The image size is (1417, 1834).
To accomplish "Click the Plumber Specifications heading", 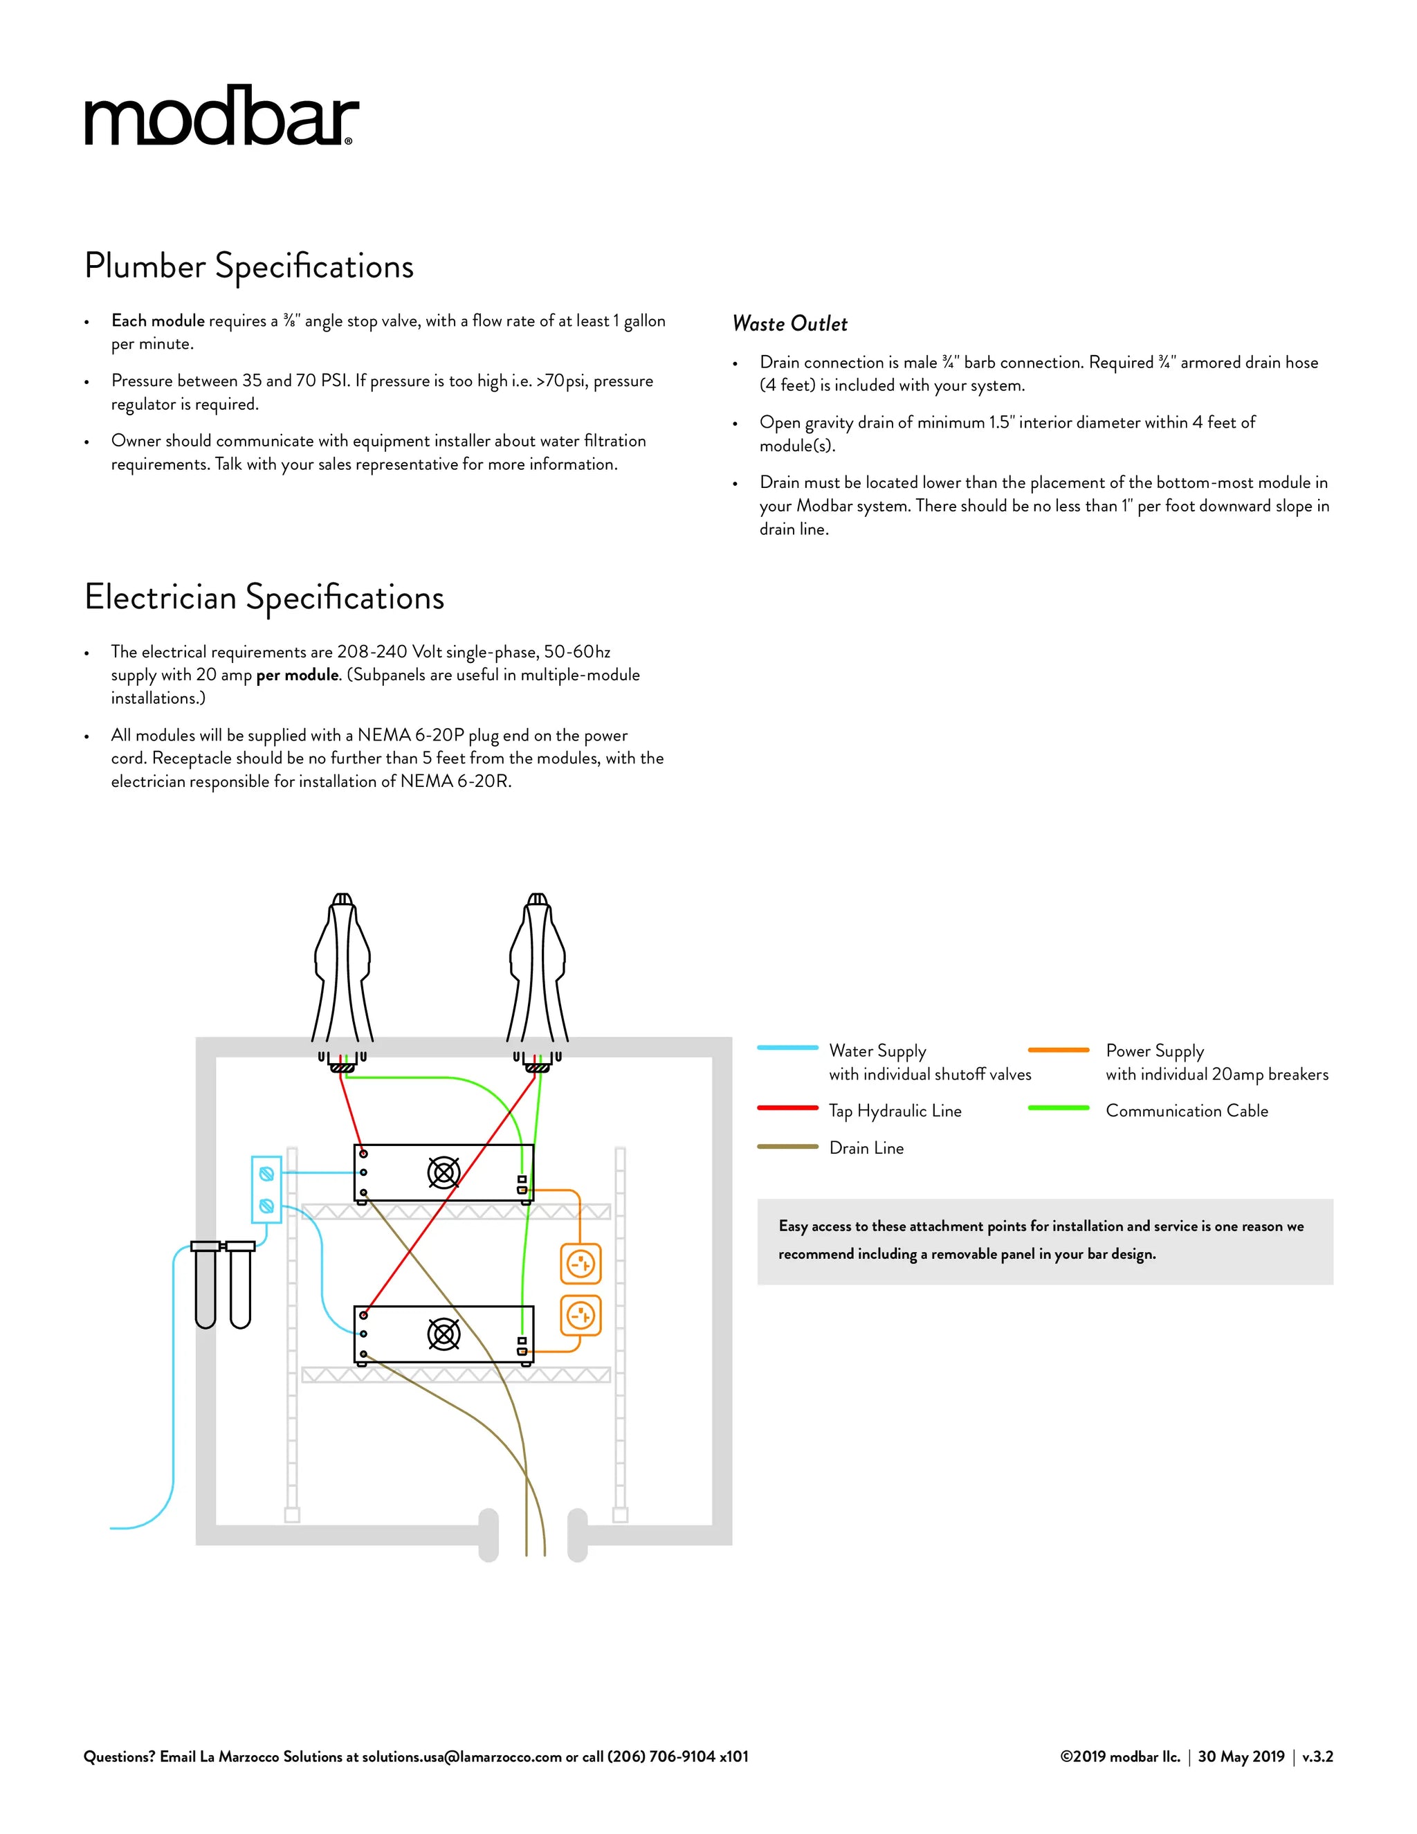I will pos(249,266).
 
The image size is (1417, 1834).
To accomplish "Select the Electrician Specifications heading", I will pos(264,598).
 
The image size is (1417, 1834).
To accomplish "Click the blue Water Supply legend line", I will pos(787,1048).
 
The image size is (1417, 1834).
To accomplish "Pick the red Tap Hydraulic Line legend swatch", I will pos(787,1109).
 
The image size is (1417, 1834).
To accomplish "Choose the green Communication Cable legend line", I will pos(1059,1109).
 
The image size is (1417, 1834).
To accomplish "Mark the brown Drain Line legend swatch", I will pos(787,1146).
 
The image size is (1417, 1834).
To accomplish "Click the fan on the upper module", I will pos(444,1172).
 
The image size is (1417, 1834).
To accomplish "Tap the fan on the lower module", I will pos(444,1334).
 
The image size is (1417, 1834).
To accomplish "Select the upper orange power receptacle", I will pos(580,1264).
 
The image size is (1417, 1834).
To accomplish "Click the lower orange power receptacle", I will pos(580,1315).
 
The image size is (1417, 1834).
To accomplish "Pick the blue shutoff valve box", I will pos(266,1190).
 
